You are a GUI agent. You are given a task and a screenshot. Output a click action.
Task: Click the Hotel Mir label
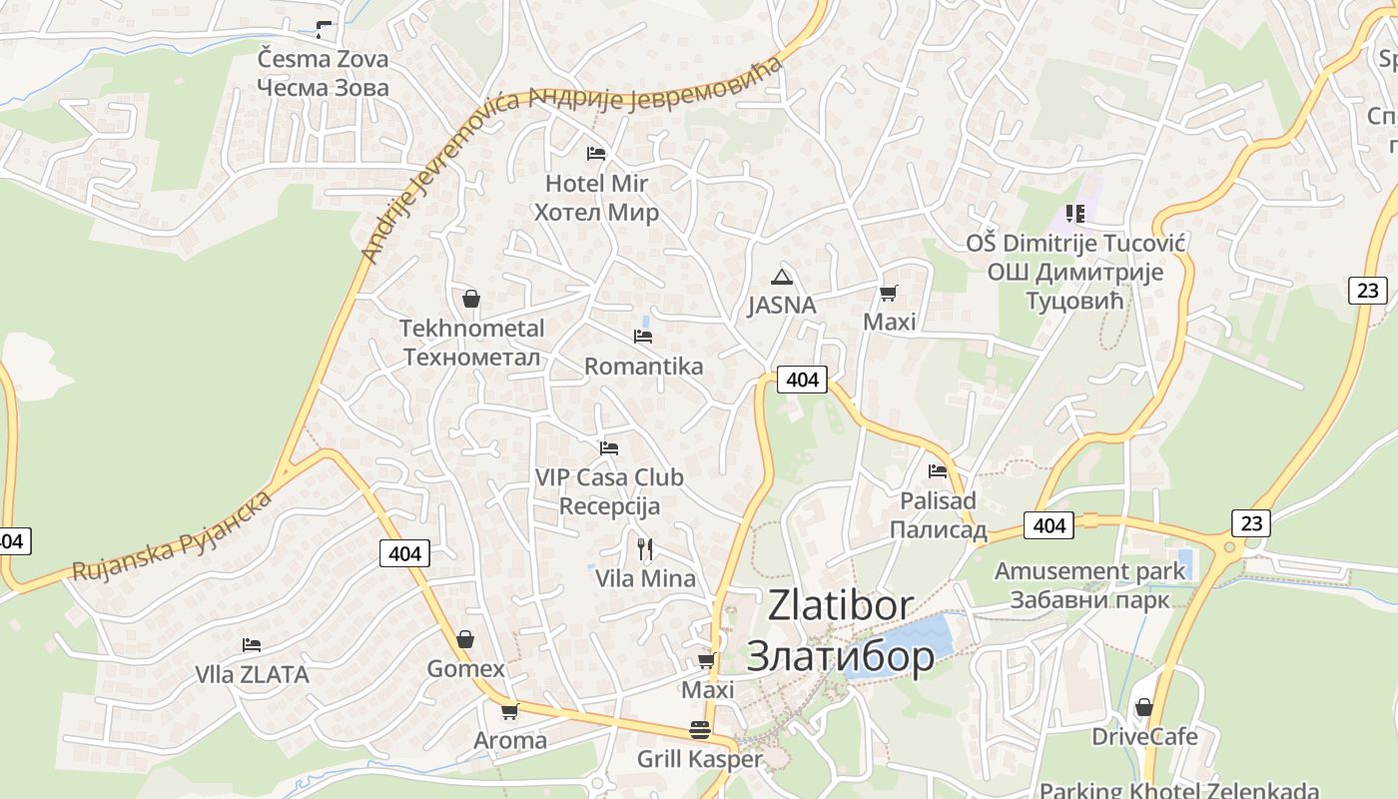pyautogui.click(x=596, y=198)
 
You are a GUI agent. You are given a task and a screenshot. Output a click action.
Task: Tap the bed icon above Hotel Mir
pyautogui.click(x=596, y=154)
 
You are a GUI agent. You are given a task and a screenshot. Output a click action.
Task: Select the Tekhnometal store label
pyautogui.click(x=471, y=343)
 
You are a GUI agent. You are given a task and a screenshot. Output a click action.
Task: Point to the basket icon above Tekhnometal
pyautogui.click(x=471, y=299)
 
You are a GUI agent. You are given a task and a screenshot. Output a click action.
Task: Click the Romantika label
pyautogui.click(x=643, y=367)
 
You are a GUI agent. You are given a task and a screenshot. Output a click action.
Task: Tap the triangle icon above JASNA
pyautogui.click(x=782, y=277)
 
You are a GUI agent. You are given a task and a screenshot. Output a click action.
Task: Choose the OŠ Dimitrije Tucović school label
pyautogui.click(x=1074, y=272)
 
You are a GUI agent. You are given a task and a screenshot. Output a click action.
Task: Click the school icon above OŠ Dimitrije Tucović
pyautogui.click(x=1074, y=213)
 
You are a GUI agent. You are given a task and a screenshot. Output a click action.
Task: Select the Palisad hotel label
pyautogui.click(x=938, y=515)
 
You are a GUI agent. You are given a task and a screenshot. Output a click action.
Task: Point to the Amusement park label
pyautogui.click(x=1089, y=585)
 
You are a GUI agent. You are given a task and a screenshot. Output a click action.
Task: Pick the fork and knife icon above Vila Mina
pyautogui.click(x=645, y=548)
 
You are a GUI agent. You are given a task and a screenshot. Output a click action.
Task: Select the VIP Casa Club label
pyautogui.click(x=609, y=491)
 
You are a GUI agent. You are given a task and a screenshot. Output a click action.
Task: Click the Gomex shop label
pyautogui.click(x=465, y=668)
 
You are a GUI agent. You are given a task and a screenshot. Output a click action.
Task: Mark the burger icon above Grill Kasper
pyautogui.click(x=699, y=730)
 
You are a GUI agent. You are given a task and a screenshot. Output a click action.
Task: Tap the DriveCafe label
pyautogui.click(x=1143, y=737)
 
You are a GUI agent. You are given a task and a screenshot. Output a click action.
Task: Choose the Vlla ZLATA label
pyautogui.click(x=252, y=675)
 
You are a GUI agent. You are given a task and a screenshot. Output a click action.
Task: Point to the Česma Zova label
pyautogui.click(x=323, y=73)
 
